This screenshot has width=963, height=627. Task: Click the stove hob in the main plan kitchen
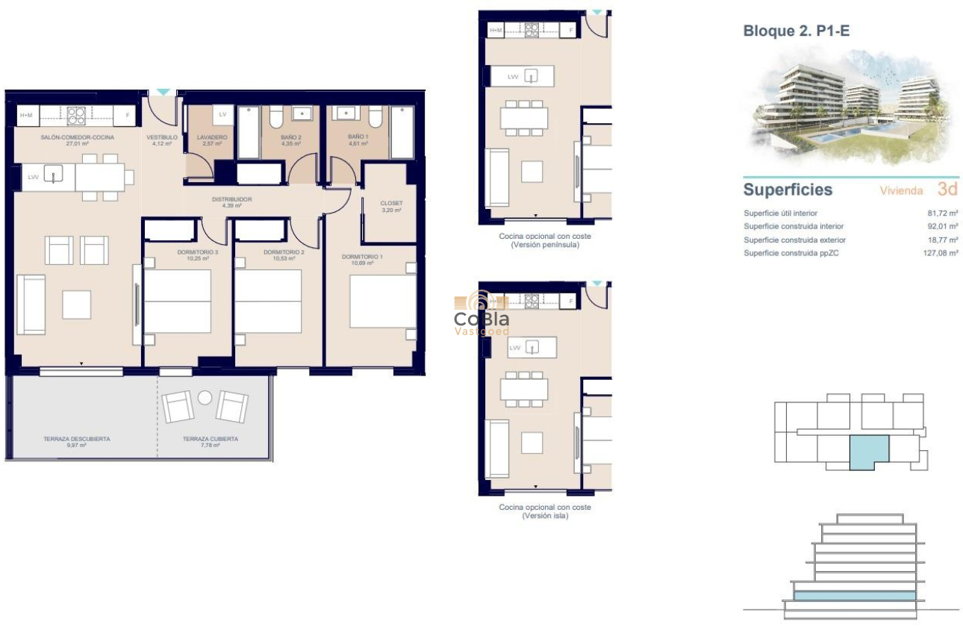(76, 116)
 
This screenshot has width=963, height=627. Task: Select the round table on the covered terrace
(205, 398)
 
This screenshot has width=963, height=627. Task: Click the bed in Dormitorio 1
(382, 302)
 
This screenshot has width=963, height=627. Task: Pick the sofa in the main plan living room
(31, 305)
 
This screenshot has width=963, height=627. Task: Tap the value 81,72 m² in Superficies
(942, 213)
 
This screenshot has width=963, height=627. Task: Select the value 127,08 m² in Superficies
(940, 254)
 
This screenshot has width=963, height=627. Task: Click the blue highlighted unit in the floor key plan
(868, 452)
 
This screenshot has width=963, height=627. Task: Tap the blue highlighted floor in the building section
(854, 595)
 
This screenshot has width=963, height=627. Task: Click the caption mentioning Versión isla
(544, 511)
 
